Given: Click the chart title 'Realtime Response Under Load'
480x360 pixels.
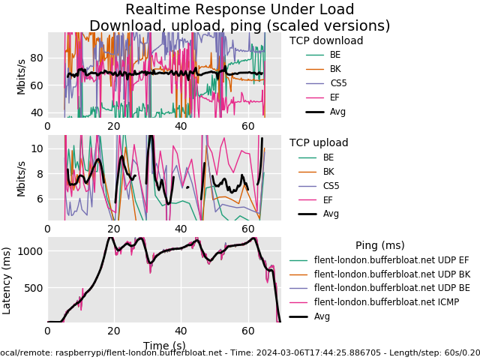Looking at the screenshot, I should (x=239, y=10).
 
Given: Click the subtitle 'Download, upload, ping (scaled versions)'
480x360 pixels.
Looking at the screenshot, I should (x=239, y=26).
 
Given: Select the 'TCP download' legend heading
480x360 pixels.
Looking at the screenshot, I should (x=326, y=41).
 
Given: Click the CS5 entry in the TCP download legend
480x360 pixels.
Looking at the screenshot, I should (x=338, y=83).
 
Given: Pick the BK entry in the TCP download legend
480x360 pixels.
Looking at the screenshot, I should (x=335, y=69).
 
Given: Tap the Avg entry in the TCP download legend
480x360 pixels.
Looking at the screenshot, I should (x=337, y=112).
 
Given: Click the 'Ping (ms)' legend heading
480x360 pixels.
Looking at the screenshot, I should (x=379, y=245).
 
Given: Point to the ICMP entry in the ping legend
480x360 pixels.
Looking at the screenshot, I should (x=386, y=302).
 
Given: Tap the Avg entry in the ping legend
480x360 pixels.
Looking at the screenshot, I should (x=323, y=316).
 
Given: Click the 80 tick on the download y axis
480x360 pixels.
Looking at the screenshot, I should (x=36, y=58).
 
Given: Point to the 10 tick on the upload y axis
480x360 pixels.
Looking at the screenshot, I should (x=36, y=148).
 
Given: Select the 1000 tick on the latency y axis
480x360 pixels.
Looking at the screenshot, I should (x=31, y=251).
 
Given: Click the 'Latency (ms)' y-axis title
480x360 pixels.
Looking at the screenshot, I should (x=7, y=280).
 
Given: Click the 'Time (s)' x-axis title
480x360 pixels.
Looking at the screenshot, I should (x=164, y=346).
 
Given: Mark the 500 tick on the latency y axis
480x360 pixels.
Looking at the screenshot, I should (x=34, y=288).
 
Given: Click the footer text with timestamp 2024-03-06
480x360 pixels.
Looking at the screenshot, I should (x=239, y=352).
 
